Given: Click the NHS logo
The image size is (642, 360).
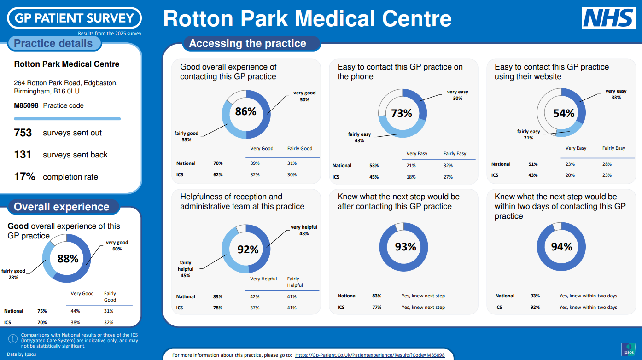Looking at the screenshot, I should [x=608, y=18].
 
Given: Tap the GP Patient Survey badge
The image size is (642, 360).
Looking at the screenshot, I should [x=75, y=18].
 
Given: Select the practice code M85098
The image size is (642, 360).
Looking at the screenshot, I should [x=26, y=105].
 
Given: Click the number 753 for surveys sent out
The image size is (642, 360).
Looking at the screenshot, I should [x=23, y=133].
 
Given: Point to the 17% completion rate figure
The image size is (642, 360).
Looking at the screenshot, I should [x=25, y=177].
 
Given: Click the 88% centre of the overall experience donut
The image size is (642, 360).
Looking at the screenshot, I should [x=68, y=259].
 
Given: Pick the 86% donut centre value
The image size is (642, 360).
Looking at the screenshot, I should [x=245, y=111].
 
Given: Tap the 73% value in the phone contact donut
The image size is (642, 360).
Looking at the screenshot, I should [x=402, y=113].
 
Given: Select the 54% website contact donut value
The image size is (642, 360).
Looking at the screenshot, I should [x=564, y=113].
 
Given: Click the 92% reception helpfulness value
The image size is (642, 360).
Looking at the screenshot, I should [x=248, y=250].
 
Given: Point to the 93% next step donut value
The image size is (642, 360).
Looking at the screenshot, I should [x=405, y=247].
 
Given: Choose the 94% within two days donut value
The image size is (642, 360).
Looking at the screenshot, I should [x=561, y=247].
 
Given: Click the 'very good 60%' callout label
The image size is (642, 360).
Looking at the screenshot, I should [x=117, y=245].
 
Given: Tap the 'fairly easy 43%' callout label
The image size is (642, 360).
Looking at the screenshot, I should [x=359, y=137].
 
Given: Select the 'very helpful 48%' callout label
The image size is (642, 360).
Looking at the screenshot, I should [x=304, y=230].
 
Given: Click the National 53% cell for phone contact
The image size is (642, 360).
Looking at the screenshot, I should [x=374, y=165].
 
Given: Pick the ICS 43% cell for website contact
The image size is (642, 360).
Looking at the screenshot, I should [x=533, y=175].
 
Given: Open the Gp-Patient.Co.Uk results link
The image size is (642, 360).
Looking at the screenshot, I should [x=370, y=355].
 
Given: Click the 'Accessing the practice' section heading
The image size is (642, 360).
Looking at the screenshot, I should [x=247, y=43].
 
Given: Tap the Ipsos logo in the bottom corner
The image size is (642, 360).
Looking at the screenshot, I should [x=628, y=349].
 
